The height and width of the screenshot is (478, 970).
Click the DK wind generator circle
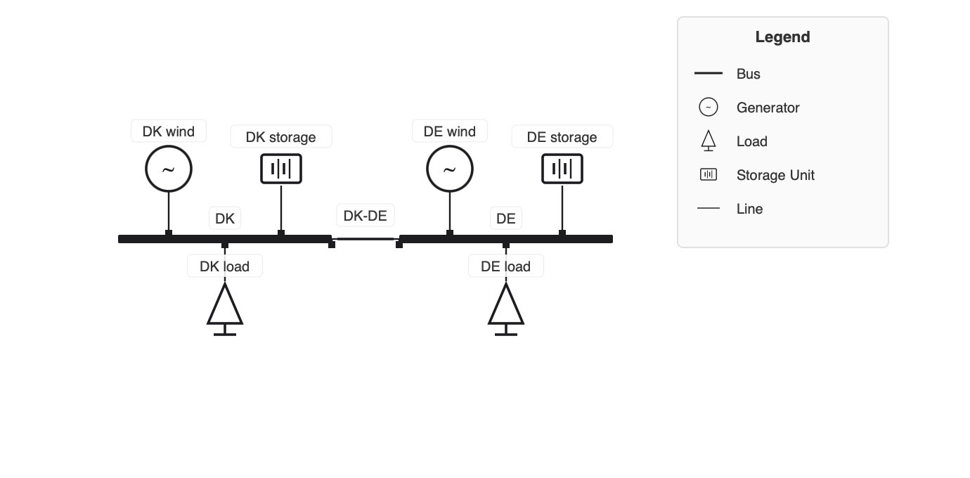[x=169, y=169]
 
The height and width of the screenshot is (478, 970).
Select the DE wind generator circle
[x=450, y=169]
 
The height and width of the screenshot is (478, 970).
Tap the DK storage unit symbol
[x=281, y=169]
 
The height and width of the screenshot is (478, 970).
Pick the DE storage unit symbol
[x=562, y=169]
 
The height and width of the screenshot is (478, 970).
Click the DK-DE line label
[x=366, y=216]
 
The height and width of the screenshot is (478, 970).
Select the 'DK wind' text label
[x=169, y=131]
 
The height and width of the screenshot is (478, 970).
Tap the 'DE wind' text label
[x=450, y=131]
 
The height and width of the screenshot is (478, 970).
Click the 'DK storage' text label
[x=281, y=137]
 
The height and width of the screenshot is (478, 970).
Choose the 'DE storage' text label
[x=562, y=137]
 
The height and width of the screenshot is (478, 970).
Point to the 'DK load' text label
[x=225, y=266]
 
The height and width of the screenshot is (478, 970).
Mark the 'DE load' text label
[x=506, y=266]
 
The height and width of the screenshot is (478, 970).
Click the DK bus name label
[x=225, y=219]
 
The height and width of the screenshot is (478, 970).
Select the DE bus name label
[x=506, y=219]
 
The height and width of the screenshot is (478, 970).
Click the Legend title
[x=782, y=37]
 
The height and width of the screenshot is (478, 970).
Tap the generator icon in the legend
[x=709, y=108]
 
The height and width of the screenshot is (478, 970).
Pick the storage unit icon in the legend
[x=709, y=175]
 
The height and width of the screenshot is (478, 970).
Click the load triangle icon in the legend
[x=709, y=141]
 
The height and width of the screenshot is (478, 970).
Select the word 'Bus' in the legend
[x=749, y=74]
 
